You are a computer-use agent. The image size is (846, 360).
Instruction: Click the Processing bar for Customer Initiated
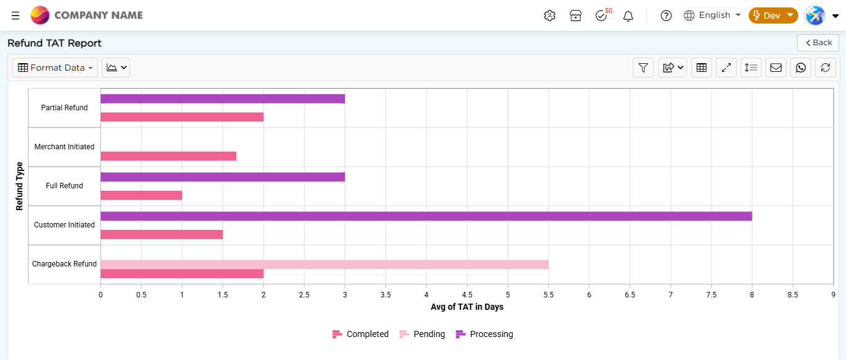point(426,216)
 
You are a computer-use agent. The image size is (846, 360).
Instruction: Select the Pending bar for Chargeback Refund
point(324,265)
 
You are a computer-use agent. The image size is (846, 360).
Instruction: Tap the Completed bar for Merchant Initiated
point(169,156)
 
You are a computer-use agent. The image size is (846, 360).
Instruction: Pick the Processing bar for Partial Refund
point(223,99)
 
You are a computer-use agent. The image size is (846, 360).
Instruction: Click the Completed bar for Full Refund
point(141,195)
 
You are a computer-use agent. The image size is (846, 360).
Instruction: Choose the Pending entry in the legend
point(422,334)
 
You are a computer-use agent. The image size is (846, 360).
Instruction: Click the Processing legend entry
point(484,334)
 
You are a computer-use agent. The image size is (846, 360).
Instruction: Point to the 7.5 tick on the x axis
point(711,295)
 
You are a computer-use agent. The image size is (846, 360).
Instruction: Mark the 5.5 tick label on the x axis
point(549,295)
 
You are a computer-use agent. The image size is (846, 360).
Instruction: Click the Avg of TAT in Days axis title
point(467,307)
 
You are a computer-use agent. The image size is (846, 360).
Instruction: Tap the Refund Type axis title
point(19,186)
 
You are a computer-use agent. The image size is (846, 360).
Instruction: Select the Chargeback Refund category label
point(64,264)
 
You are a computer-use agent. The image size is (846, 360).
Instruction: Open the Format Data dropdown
point(55,68)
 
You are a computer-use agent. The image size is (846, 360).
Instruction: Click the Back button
point(818,43)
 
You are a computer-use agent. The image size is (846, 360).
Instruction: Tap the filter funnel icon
point(643,68)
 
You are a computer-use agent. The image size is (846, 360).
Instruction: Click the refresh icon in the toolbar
point(825,68)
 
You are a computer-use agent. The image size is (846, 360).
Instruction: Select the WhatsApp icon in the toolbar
point(801,68)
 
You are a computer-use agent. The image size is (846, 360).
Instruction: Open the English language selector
point(712,15)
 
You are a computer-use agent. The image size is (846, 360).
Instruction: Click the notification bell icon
point(628,16)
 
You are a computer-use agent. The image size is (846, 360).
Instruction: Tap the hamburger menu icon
point(15,15)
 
